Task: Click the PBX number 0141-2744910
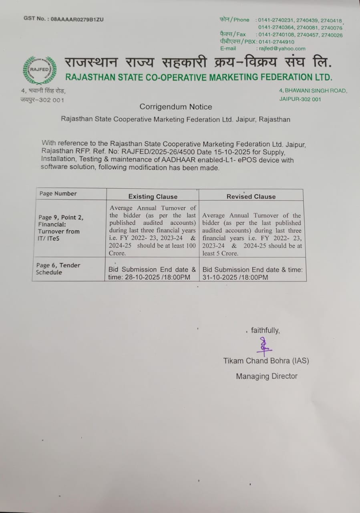tap(276, 42)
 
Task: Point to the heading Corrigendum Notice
tap(176, 107)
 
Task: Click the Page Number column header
tap(58, 194)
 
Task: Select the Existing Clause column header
tap(153, 196)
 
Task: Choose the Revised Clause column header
tap(251, 196)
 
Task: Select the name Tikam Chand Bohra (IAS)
tap(266, 361)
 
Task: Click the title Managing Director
tap(266, 376)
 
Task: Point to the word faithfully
tap(265, 330)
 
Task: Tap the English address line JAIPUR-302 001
tap(300, 99)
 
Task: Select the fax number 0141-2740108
tap(276, 35)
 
